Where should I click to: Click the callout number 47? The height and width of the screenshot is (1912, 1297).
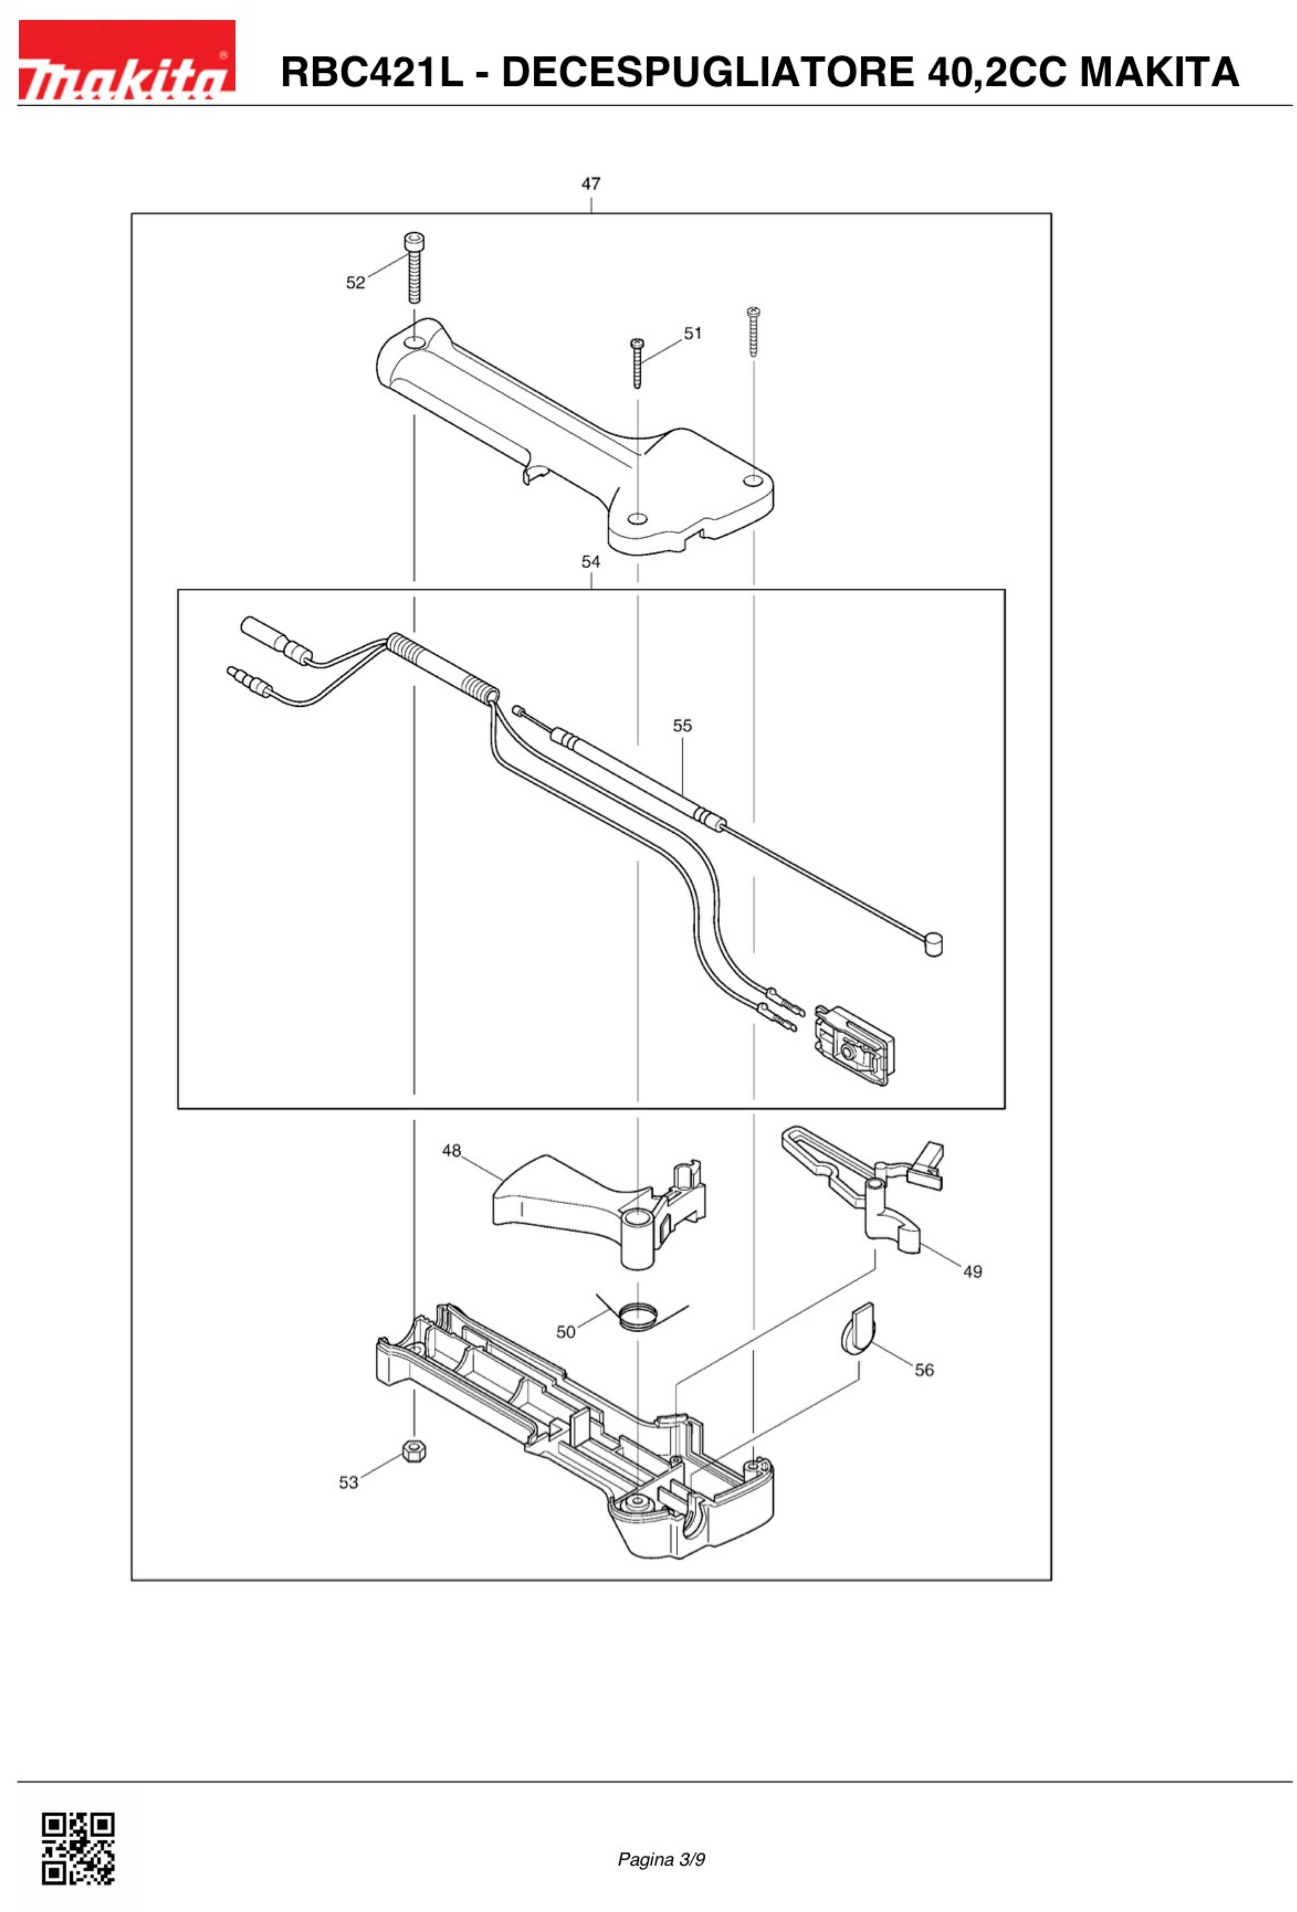coord(591,184)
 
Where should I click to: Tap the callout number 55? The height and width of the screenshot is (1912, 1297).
coord(682,725)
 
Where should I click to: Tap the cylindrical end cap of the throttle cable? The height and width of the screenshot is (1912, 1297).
coord(933,944)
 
